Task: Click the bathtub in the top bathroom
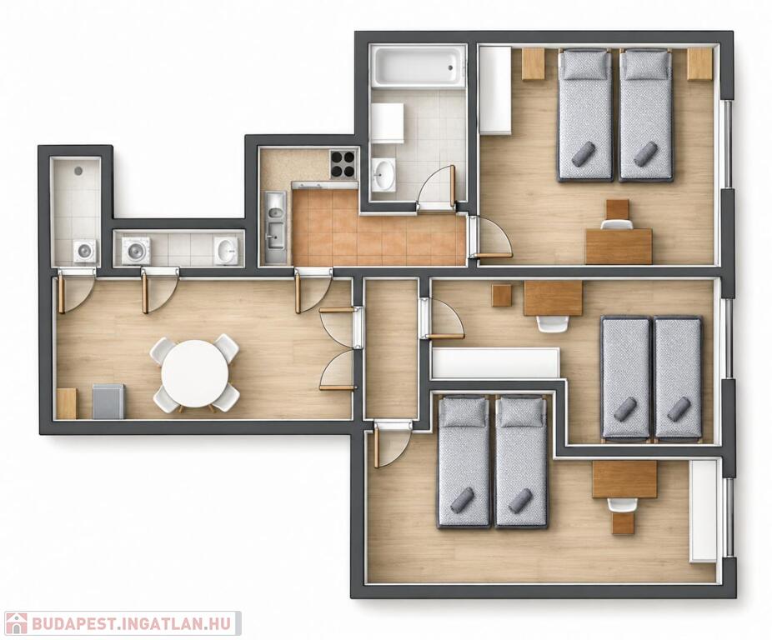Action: (419, 67)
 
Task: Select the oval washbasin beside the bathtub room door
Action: (383, 175)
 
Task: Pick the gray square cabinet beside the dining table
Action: (108, 401)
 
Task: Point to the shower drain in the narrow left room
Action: (78, 171)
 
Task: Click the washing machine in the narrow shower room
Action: (85, 251)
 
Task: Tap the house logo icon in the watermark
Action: (14, 623)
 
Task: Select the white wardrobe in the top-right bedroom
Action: (495, 90)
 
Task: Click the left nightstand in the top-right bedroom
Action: (534, 63)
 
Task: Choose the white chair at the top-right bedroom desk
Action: (617, 224)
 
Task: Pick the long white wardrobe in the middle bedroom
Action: (495, 362)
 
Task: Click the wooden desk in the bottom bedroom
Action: (624, 479)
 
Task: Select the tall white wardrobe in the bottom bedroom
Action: (704, 511)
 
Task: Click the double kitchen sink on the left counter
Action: (275, 227)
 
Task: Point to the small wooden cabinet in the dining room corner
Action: (67, 403)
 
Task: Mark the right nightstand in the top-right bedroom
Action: (700, 63)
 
